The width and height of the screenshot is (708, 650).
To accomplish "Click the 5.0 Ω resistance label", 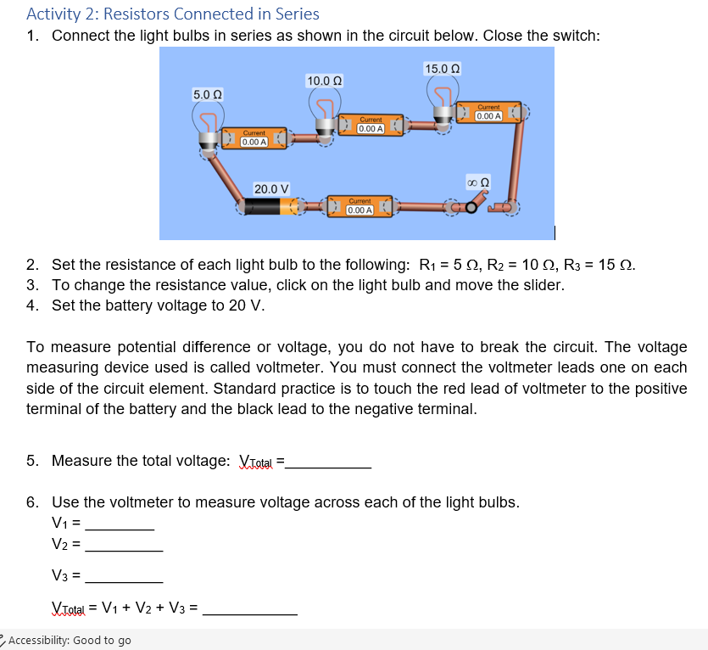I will click(x=207, y=94).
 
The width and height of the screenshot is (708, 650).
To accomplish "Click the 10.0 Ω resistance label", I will click(x=324, y=81).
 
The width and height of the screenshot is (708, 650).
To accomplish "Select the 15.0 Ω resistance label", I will click(x=443, y=68).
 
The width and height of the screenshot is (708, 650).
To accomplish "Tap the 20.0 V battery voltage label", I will click(x=271, y=188).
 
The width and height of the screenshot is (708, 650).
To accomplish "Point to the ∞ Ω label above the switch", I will click(x=478, y=182).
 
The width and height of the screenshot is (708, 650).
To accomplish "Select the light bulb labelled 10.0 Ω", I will click(x=324, y=114).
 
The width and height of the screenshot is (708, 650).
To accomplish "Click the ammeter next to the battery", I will click(x=360, y=206).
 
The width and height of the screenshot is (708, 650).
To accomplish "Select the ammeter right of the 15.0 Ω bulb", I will click(x=489, y=112).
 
